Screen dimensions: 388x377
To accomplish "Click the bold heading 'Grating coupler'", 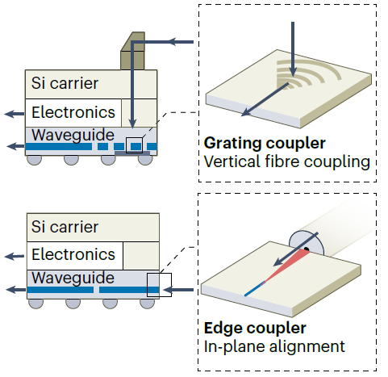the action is click(265, 144).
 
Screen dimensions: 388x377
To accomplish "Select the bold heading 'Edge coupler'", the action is click(255, 329).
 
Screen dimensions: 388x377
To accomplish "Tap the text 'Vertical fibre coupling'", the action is click(287, 162).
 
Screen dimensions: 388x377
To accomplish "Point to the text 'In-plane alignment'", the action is click(274, 346).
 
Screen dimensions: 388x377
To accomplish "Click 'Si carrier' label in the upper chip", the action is click(65, 83).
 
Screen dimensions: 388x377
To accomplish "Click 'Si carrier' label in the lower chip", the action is click(65, 227).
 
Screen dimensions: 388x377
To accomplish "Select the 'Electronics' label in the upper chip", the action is click(73, 112).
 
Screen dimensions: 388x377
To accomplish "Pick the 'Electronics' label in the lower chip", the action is click(73, 254).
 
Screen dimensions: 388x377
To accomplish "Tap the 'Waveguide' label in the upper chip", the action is click(73, 135).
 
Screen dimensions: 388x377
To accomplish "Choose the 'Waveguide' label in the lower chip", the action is click(73, 278).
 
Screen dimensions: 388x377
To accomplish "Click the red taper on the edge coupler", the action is click(288, 266).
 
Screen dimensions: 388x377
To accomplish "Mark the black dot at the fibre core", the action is click(306, 249).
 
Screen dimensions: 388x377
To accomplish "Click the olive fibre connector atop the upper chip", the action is click(133, 51).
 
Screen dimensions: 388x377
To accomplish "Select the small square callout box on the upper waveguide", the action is click(134, 145).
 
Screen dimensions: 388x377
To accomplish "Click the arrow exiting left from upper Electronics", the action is click(15, 114).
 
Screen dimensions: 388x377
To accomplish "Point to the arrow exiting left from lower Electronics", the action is click(15, 257).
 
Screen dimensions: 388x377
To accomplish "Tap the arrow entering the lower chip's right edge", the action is click(178, 290).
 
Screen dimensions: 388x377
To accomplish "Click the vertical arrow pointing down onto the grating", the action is click(293, 49).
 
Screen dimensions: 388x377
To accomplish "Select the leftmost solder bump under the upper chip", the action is click(35, 160).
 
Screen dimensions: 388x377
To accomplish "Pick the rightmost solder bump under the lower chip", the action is click(148, 304).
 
